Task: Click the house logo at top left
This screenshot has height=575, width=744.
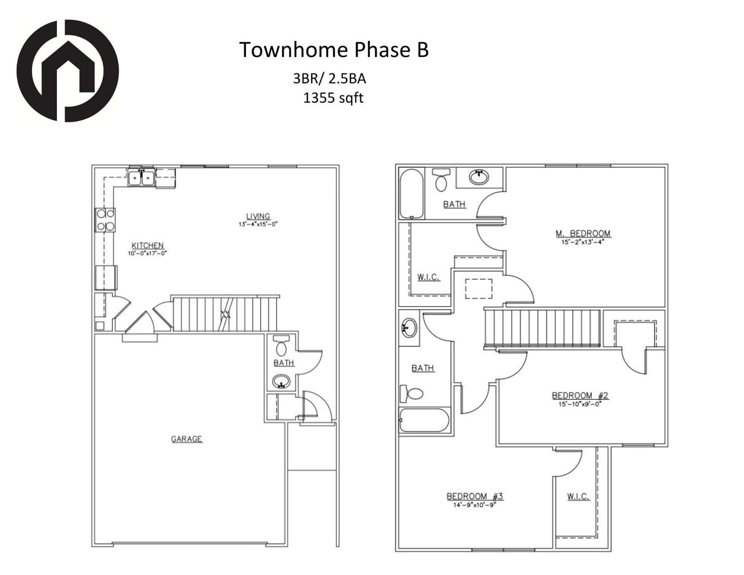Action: tap(67, 71)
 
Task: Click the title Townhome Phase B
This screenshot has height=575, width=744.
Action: tap(334, 50)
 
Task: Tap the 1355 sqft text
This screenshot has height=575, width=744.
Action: tap(333, 98)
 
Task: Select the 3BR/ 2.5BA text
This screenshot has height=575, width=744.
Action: tap(329, 79)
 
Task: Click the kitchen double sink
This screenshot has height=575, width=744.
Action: tap(141, 177)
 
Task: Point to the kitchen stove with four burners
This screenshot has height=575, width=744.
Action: tap(105, 219)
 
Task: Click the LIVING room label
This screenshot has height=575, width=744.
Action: tap(258, 216)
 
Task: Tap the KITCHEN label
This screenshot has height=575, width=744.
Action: tap(147, 245)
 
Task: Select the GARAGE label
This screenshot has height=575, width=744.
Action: tap(186, 439)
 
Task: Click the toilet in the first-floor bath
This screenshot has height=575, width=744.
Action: tap(281, 346)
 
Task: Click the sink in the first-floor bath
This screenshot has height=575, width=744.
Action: tap(281, 381)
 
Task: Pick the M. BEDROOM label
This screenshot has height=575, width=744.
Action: tap(583, 233)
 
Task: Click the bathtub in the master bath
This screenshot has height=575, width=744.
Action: tap(411, 194)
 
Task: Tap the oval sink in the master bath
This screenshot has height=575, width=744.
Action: tap(480, 177)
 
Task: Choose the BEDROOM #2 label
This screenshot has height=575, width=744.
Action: tap(580, 395)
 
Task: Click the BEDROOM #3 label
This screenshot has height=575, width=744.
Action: tap(475, 496)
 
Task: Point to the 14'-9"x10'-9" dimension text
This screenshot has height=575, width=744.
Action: tap(475, 505)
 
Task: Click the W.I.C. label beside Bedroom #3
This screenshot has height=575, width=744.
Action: tap(578, 496)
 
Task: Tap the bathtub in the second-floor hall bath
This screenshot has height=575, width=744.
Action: tap(425, 421)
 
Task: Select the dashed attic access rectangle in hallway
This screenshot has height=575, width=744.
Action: tap(478, 289)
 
